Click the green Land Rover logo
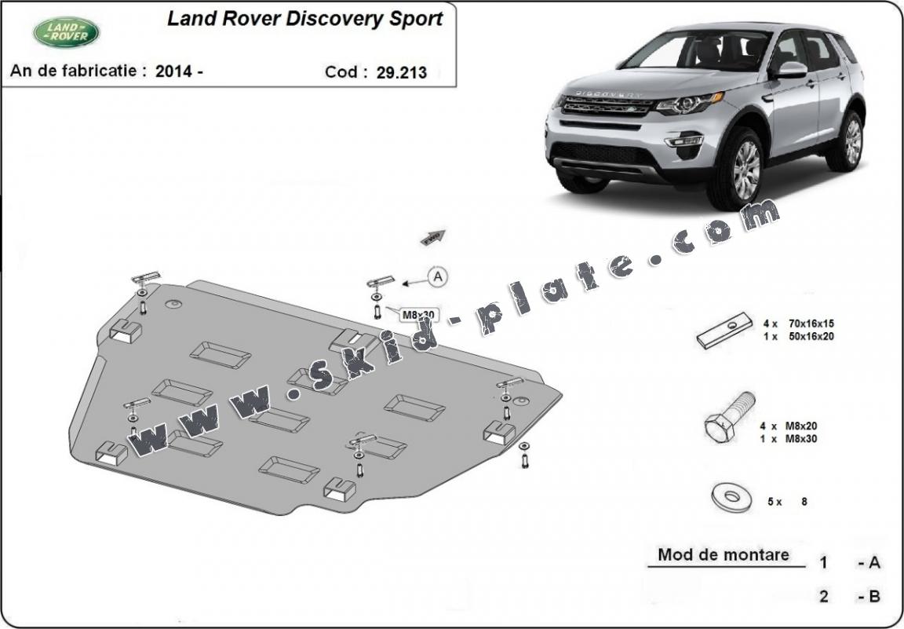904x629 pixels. point(66,32)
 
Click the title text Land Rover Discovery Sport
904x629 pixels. point(304,19)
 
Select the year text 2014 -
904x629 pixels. point(180,71)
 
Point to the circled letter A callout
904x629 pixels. point(437,276)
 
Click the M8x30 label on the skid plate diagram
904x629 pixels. point(418,315)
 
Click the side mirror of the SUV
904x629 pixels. point(791,70)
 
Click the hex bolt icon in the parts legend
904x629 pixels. point(730,421)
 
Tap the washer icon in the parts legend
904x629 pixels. point(727,497)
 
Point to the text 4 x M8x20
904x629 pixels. point(789,426)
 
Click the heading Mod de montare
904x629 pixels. point(724,554)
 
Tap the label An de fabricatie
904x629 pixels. point(78,71)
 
